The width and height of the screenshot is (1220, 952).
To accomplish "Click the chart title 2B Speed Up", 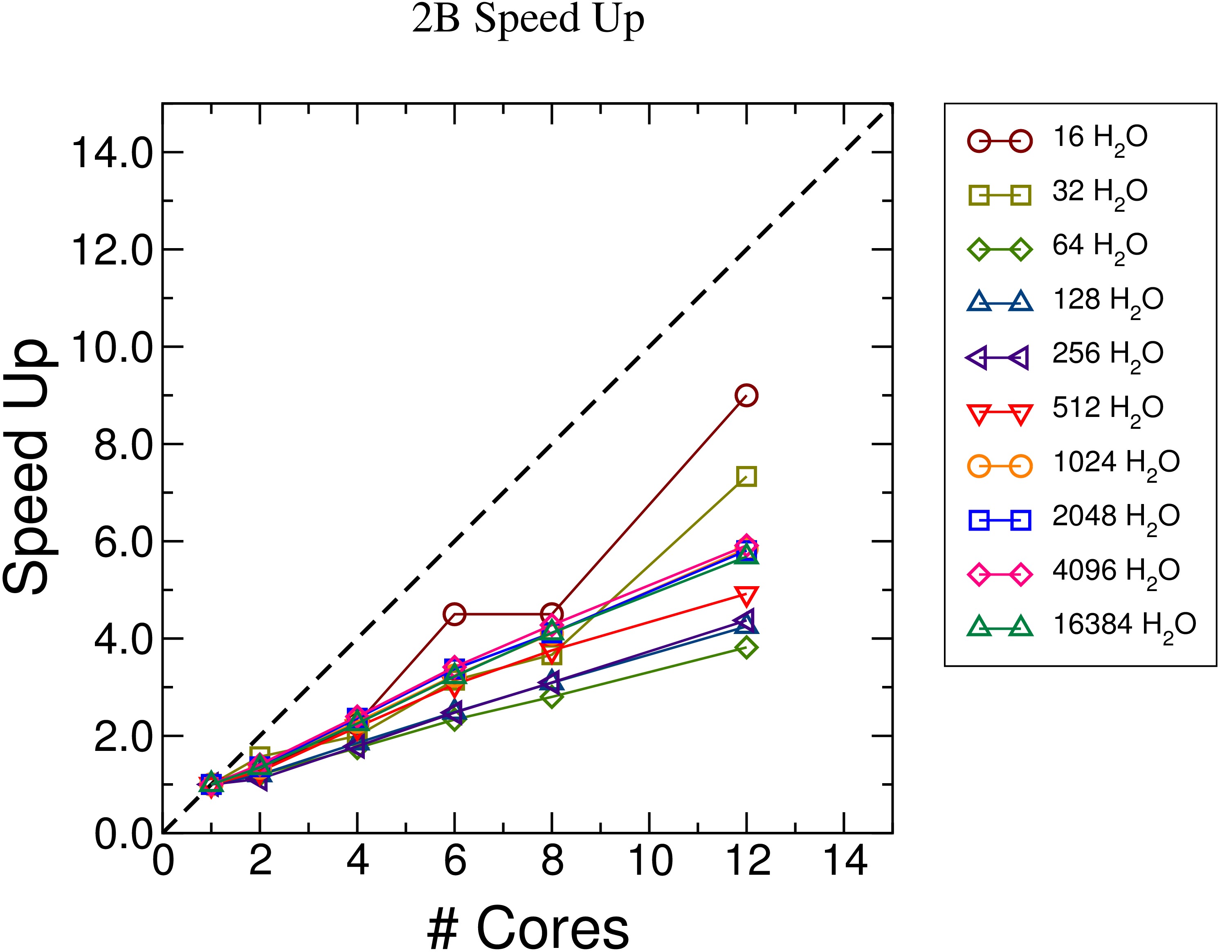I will coord(528,20).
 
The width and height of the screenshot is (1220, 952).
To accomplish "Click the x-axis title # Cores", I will coord(528,927).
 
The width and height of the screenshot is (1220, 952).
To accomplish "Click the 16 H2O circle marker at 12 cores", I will coord(746,395).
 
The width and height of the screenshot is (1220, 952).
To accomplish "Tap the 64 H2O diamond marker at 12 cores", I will coord(746,648).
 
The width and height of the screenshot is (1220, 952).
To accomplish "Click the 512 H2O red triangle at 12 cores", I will coord(746,595).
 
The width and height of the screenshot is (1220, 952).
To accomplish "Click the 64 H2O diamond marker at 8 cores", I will coord(551,697).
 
